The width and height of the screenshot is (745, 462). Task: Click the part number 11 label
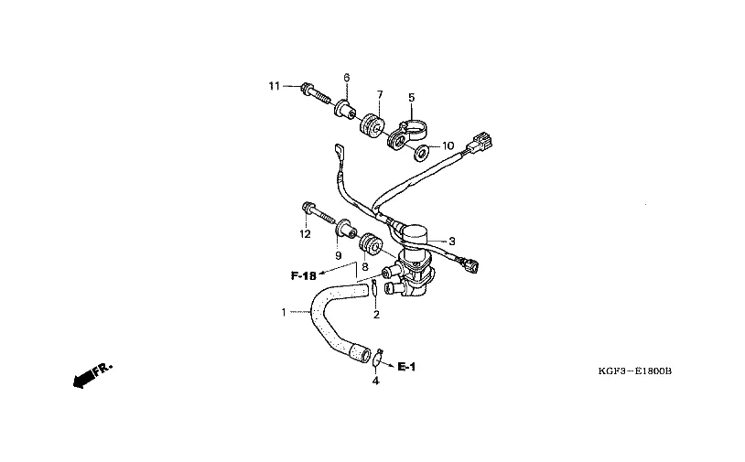pyautogui.click(x=273, y=86)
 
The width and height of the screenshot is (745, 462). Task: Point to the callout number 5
pyautogui.click(x=411, y=96)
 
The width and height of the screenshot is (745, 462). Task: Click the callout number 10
pyautogui.click(x=448, y=145)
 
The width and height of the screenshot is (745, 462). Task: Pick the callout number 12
pyautogui.click(x=305, y=234)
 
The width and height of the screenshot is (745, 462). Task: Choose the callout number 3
pyautogui.click(x=451, y=242)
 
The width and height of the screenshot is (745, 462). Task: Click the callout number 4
pyautogui.click(x=374, y=381)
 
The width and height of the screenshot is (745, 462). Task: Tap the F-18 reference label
pyautogui.click(x=304, y=274)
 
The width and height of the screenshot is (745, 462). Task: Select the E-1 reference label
pyautogui.click(x=406, y=366)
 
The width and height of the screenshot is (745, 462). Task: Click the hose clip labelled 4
pyautogui.click(x=378, y=353)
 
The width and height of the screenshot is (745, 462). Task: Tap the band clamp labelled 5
pyautogui.click(x=405, y=132)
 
